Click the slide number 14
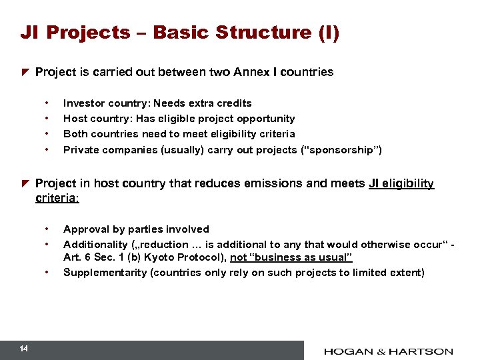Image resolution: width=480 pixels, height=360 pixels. point(24,349)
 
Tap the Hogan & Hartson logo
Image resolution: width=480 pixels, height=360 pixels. point(388,351)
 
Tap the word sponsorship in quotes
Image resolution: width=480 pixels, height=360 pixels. point(340,150)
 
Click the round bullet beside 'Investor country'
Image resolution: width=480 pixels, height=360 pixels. point(47,103)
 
